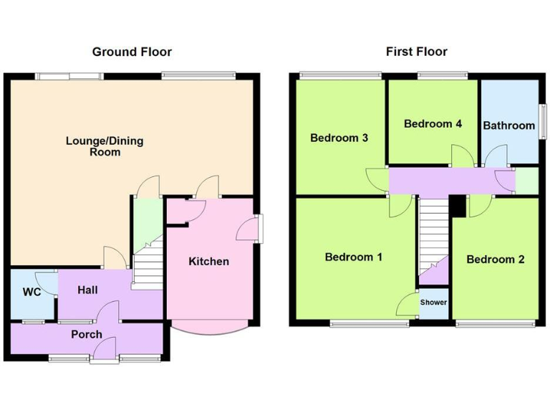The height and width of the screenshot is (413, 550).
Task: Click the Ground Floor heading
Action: pos(132,52)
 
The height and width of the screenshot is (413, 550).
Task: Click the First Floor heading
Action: pos(416,52)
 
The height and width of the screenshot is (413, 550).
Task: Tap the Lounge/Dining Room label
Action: pos(105,146)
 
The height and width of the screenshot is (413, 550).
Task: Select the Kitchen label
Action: pos(208,261)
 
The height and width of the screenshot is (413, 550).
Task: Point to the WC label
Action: pos(30,292)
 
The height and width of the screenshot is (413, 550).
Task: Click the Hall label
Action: pos(88,290)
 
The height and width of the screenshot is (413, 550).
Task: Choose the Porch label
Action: pos(86,334)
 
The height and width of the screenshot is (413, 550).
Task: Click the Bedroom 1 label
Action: pos(354,257)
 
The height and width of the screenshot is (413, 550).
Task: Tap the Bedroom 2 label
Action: pos(495,259)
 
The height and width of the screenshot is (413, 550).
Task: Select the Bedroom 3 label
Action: pos(339,138)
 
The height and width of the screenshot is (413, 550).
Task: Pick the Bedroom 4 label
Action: pos(433,123)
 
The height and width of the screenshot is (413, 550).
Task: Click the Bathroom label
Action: pos(508,125)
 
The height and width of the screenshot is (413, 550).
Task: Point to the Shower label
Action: pos(433,303)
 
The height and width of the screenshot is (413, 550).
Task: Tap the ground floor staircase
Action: pos(148,267)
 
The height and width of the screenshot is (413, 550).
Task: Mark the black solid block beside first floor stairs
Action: pos(457,205)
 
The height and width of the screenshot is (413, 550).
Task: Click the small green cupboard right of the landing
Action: pos(527,181)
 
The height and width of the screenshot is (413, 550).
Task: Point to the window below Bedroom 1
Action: pos(369,324)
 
